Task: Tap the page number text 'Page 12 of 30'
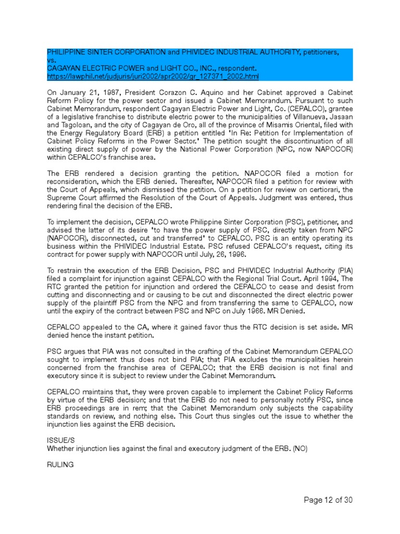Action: coord(328,500)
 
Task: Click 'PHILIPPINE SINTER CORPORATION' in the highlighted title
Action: coord(106,53)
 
